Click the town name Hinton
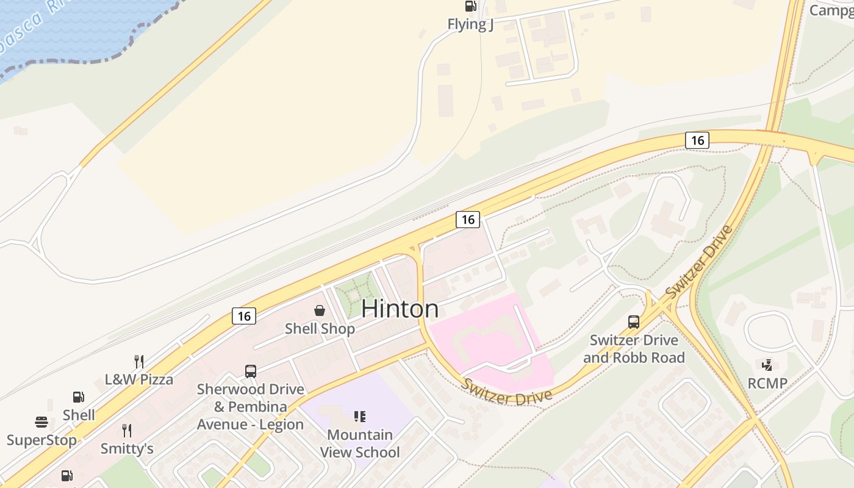click(x=400, y=309)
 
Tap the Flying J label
click(x=470, y=24)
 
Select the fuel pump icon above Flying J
click(x=470, y=6)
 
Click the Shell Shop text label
click(x=320, y=329)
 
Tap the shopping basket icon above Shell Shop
click(x=320, y=310)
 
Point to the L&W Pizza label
click(x=139, y=379)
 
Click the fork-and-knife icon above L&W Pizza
click(x=139, y=361)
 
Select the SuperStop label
click(x=41, y=440)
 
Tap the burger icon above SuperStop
click(x=41, y=422)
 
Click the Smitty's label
click(x=127, y=449)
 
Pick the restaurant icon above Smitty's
click(x=127, y=431)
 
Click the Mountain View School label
click(x=360, y=443)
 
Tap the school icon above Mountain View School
click(x=360, y=417)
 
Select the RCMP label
click(x=767, y=384)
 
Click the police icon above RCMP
click(x=767, y=365)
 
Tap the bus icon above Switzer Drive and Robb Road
click(x=634, y=321)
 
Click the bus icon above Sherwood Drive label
click(x=250, y=371)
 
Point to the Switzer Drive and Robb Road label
click(x=634, y=348)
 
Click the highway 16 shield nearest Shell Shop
click(x=244, y=315)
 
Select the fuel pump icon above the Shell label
click(x=79, y=397)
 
